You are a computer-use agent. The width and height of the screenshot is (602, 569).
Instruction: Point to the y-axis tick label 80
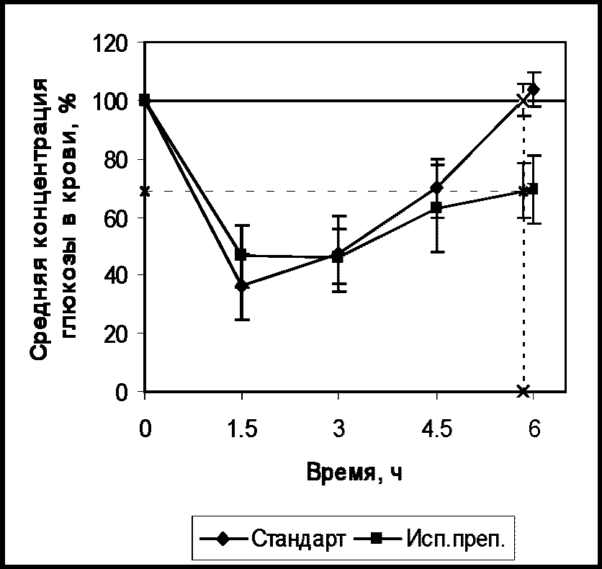coord(116,159)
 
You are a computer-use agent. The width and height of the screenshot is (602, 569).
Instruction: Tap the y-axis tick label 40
coord(116,275)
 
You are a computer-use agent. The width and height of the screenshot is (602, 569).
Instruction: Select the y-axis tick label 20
coord(116,333)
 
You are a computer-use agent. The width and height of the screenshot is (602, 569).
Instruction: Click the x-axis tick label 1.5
coord(242,428)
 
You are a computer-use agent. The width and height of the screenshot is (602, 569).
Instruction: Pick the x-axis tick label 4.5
coord(437,428)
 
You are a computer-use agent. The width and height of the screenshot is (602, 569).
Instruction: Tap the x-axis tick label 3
coord(338,428)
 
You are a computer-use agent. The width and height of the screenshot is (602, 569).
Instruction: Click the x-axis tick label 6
coord(534,428)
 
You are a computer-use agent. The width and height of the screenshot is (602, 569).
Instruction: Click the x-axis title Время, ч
coord(355,472)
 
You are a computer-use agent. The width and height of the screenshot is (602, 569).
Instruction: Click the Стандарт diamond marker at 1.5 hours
coord(242,287)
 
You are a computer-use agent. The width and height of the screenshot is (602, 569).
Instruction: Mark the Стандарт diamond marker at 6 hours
coord(534,89)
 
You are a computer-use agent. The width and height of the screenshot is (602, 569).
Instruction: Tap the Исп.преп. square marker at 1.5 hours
coord(241,254)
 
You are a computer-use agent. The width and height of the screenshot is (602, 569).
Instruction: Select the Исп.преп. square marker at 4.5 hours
coord(436,207)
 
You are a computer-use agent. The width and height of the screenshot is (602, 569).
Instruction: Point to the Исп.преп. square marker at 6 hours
coord(533,189)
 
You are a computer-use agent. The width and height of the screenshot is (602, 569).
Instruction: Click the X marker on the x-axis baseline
coord(524,391)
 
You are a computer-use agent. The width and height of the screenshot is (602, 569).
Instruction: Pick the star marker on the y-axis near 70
coord(145,191)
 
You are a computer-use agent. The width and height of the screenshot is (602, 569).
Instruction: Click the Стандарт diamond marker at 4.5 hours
coord(437,188)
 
